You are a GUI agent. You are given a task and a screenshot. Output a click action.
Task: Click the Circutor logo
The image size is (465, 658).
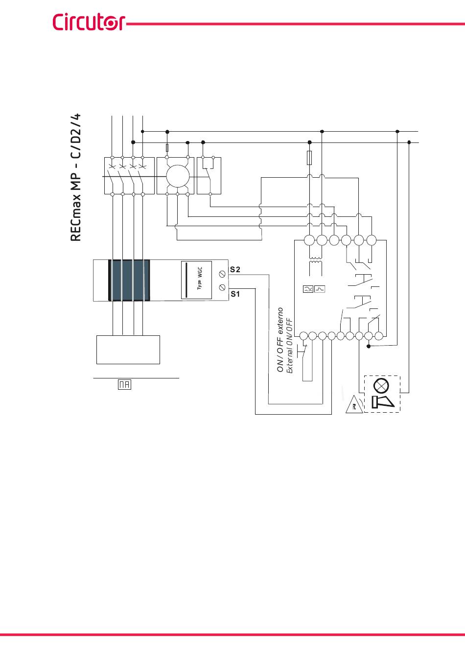[x=89, y=22]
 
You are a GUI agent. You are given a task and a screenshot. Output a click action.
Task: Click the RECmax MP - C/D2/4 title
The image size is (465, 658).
[x=76, y=177]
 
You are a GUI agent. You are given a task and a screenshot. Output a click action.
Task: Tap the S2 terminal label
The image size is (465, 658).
[x=235, y=269]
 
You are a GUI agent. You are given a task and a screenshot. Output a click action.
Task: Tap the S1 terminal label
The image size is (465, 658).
[x=235, y=294]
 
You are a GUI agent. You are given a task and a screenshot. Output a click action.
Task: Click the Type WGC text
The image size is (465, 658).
[x=200, y=279]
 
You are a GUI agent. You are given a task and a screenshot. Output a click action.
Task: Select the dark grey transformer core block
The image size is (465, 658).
[x=129, y=280]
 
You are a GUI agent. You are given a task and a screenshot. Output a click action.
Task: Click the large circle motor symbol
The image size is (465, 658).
[x=178, y=176]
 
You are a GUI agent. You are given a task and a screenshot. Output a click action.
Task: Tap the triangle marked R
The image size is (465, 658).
[x=354, y=405]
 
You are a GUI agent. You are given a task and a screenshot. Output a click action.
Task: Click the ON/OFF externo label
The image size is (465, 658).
[x=280, y=340]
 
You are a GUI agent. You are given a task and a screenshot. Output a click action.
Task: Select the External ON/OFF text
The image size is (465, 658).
[x=290, y=346]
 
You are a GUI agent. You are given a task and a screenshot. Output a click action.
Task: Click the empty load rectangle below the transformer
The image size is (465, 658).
[x=128, y=350]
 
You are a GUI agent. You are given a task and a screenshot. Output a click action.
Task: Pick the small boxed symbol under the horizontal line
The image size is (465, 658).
[x=124, y=384]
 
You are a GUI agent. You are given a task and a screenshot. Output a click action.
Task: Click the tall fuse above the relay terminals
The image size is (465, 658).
[x=309, y=158]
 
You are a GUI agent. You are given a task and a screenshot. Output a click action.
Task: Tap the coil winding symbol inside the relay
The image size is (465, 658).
[x=316, y=260]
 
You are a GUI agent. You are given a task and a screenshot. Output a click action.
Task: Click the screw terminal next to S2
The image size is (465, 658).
[x=222, y=274]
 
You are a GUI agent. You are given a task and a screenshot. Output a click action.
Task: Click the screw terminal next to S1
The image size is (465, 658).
[x=222, y=287]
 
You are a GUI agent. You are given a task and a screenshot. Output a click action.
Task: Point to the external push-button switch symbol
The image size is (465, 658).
[x=302, y=351]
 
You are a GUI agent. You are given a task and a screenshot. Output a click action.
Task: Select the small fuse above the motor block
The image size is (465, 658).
[x=167, y=148]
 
